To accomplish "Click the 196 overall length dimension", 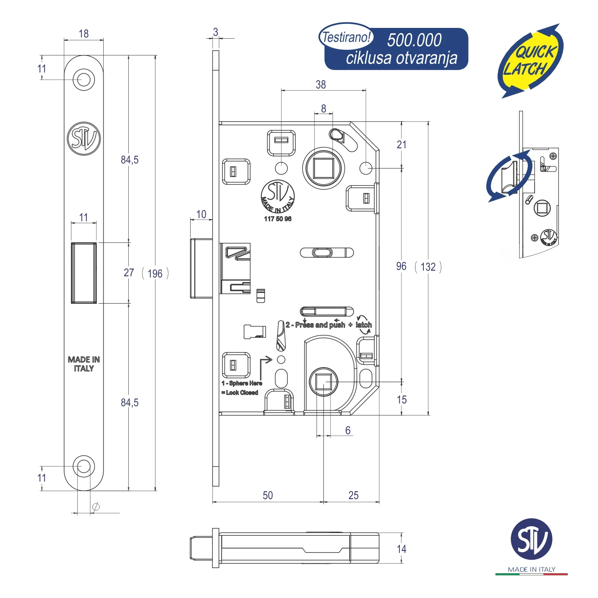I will (x=155, y=273).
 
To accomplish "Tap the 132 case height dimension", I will (x=428, y=267).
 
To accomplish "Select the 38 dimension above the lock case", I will (x=321, y=85).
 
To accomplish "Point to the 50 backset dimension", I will (x=268, y=495).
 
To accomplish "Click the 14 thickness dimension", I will (x=401, y=549).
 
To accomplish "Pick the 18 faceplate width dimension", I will (x=84, y=34).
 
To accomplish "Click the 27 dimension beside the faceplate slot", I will (x=129, y=273).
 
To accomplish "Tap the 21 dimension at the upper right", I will (x=401, y=145).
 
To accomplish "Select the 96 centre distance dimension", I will (x=401, y=266).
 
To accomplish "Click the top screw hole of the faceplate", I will (x=84, y=79).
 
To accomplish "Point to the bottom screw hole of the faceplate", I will (x=84, y=466).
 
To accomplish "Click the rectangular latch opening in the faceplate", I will (x=84, y=273).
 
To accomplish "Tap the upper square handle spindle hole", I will (x=323, y=168).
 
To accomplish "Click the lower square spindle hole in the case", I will (x=323, y=382).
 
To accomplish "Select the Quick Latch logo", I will (x=531, y=61).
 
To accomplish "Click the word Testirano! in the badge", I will (x=346, y=37).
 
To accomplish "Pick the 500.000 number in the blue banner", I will (x=414, y=40).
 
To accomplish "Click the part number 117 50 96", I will (x=277, y=219).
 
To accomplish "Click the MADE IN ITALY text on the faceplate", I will (x=84, y=364).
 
